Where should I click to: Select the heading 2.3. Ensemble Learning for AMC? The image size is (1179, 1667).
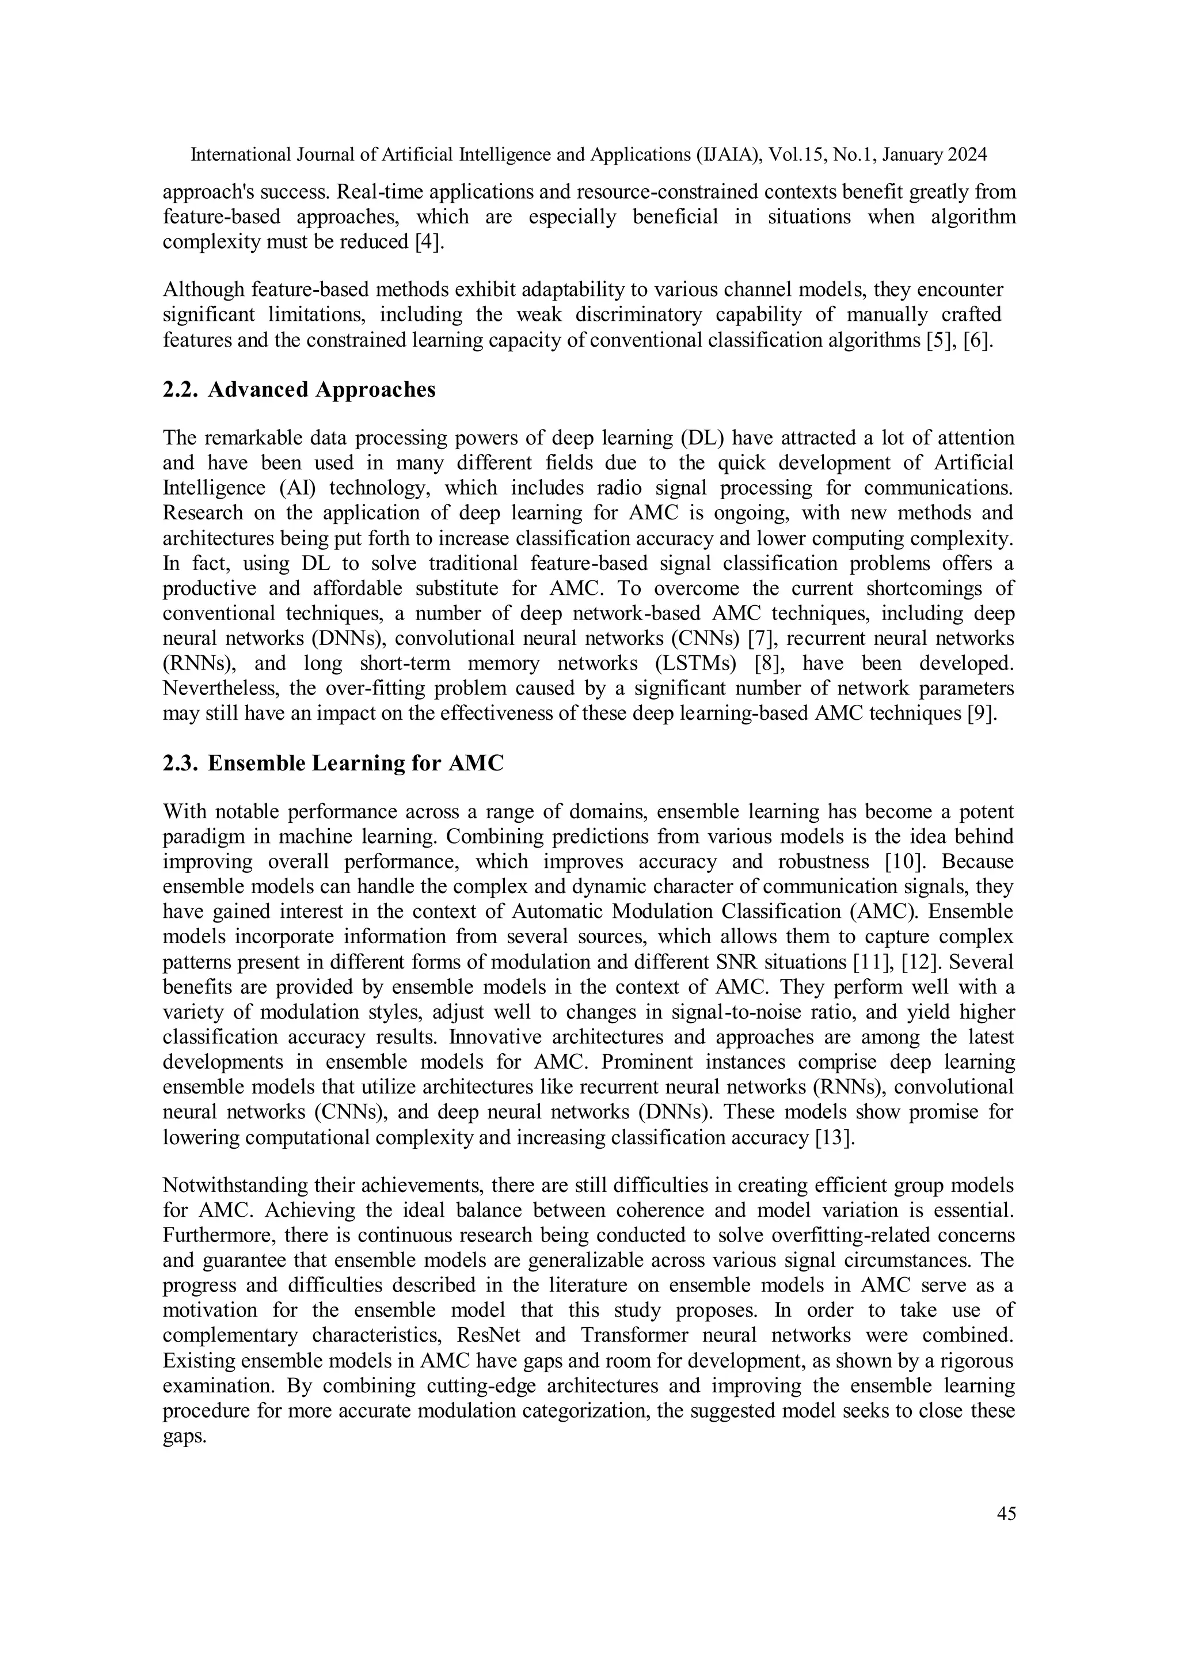coord(333,763)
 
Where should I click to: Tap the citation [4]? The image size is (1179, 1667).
coord(429,242)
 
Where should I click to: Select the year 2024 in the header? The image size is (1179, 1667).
coord(967,155)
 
